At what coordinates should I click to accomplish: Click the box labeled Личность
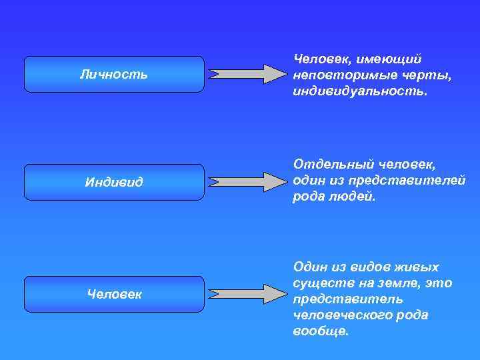coord(114,74)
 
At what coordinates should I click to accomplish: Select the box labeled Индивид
coord(114,182)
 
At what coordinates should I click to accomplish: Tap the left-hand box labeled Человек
coord(114,293)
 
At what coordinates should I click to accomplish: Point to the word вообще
coord(320,331)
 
